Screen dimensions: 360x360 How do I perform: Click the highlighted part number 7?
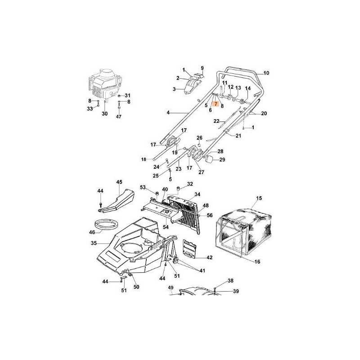216,104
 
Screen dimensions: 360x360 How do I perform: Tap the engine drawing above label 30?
105,84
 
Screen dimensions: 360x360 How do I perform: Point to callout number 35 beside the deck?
94,243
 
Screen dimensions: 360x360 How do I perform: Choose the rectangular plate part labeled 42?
189,248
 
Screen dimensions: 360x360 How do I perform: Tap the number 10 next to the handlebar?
266,73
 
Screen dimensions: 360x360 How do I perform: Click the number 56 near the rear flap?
210,216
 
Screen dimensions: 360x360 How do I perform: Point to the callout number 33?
90,108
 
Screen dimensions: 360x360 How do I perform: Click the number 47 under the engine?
118,117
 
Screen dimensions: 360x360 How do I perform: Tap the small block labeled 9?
198,76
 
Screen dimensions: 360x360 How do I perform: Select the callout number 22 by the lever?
216,121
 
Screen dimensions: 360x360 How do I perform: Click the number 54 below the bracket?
166,227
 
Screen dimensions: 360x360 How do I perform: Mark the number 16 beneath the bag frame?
257,261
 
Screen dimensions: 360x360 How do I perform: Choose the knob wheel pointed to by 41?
176,261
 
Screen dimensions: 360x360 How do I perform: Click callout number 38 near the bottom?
230,280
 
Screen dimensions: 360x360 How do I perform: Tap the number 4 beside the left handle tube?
168,113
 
